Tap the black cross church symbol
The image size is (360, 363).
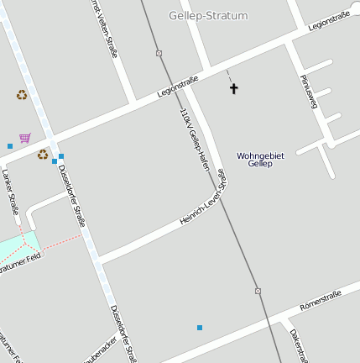click(x=234, y=88)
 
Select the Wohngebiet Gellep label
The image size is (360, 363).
click(x=261, y=160)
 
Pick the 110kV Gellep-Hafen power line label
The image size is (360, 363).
click(x=193, y=139)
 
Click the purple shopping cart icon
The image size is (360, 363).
click(x=25, y=138)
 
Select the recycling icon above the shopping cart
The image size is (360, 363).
click(x=22, y=95)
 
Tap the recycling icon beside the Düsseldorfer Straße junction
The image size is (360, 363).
click(x=42, y=154)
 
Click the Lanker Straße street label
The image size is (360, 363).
click(x=10, y=192)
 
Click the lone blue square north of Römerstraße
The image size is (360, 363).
click(x=200, y=327)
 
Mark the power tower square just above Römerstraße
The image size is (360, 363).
click(x=257, y=292)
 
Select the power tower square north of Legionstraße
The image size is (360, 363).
click(x=159, y=53)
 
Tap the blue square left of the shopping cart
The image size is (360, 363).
click(x=10, y=146)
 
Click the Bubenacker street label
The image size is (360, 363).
click(x=101, y=351)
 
